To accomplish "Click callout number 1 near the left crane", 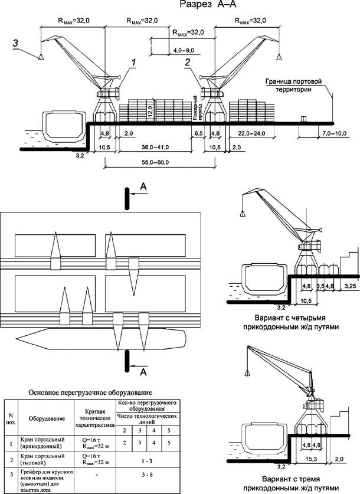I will tap(135, 62).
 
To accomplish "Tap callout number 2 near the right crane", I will tap(187, 61).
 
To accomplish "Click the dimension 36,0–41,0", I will tap(153, 146).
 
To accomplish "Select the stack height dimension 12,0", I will tap(150, 110).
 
